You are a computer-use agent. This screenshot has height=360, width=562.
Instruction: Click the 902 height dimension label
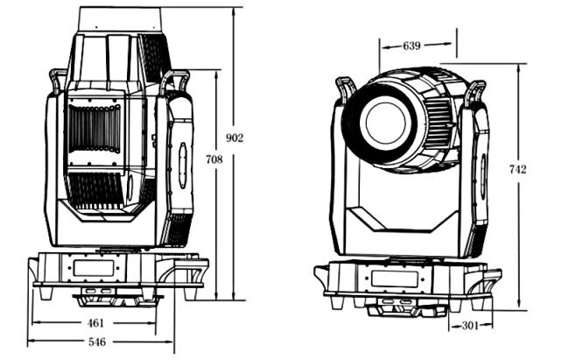point(235,138)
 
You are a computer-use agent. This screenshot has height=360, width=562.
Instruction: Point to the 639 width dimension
point(411,46)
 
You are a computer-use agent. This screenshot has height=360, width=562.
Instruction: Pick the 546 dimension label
point(96,342)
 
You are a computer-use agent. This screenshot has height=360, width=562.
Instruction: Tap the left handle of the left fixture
point(59,80)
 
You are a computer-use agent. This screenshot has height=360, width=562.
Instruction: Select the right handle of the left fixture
point(173,81)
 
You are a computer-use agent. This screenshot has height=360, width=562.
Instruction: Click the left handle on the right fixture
point(345,88)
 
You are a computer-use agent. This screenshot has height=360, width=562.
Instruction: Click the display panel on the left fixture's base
point(94,267)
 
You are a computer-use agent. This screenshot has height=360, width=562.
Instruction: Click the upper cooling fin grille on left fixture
point(93,128)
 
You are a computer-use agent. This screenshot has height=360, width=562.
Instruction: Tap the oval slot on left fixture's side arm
point(182,160)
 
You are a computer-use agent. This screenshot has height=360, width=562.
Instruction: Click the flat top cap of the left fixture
point(119,18)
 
